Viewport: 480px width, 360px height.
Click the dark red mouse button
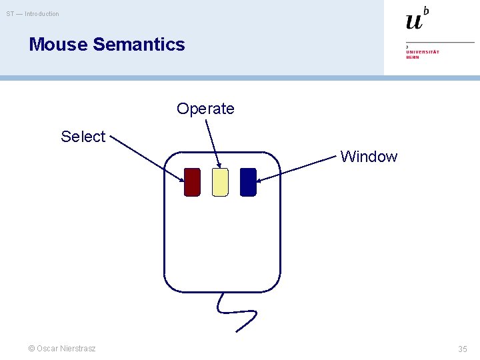coord(192,182)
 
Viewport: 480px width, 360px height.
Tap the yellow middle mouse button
coord(220,182)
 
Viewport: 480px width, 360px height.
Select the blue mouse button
coord(248,182)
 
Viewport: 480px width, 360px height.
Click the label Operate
coord(205,109)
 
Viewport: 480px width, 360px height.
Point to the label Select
coord(83,137)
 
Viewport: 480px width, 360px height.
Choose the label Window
coord(369,157)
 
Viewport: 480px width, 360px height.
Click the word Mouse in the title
coord(59,45)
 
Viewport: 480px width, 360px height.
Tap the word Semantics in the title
coord(139,45)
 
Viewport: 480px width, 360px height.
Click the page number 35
coord(463,349)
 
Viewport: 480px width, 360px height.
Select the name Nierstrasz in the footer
coord(78,349)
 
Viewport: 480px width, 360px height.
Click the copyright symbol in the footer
coord(31,349)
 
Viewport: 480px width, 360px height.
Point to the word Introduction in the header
coord(42,14)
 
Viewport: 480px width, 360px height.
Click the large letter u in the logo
coord(414,21)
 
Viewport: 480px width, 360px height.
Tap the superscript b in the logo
coord(426,10)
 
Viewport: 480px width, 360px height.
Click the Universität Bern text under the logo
coord(423,54)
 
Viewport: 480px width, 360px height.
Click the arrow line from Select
coord(147,159)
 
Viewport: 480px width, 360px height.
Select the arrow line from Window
coord(297,169)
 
